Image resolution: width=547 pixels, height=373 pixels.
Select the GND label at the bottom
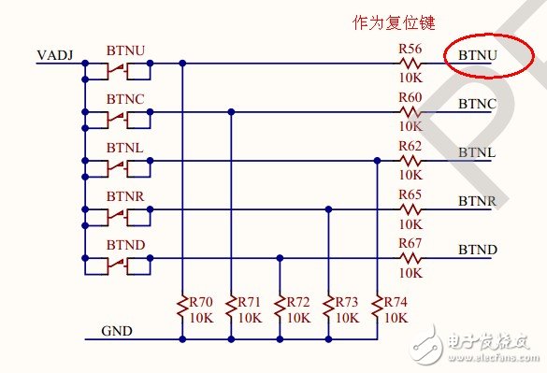coord(117,331)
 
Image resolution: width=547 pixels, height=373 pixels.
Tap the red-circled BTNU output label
coord(477,56)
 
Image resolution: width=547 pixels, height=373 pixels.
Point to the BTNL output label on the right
coord(477,152)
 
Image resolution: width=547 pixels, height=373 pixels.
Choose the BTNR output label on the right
coord(477,201)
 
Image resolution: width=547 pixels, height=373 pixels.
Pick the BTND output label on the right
coord(477,250)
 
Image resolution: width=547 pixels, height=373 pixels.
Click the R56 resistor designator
coord(410,49)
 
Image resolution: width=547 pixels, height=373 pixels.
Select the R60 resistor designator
coord(410,97)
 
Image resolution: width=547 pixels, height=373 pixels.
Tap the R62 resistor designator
coord(410,146)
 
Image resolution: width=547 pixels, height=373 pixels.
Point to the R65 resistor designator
coord(410,194)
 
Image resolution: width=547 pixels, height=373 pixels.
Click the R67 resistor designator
coord(410,243)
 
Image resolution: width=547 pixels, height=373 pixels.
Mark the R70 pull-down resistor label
coord(202,303)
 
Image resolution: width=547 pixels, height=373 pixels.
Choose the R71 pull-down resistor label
coord(251,303)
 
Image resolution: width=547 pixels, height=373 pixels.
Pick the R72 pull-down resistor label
coord(299,303)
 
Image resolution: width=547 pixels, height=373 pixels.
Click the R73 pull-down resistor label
coord(348,303)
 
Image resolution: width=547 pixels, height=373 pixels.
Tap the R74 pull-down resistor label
coord(396,303)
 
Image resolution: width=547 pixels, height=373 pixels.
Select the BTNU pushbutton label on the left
coord(125,49)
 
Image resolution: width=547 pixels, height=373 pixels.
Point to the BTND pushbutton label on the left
coord(125,243)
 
